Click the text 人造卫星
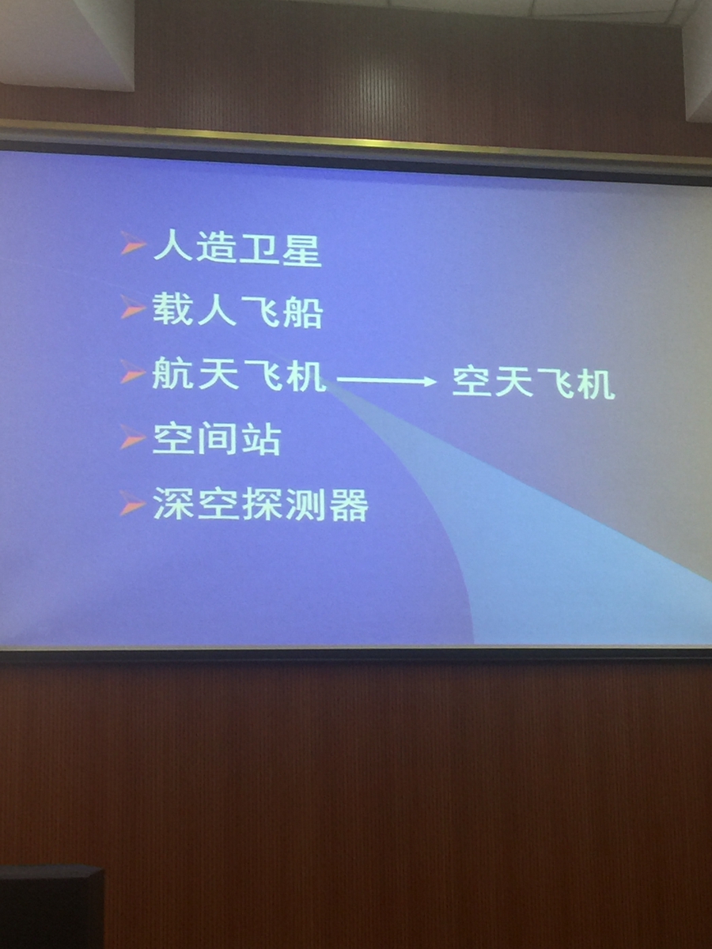[237, 249]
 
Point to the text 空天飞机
[533, 383]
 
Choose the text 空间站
[217, 439]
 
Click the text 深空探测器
[260, 504]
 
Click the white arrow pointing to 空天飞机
[387, 381]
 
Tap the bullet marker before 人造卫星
[133, 244]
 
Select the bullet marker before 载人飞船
[132, 308]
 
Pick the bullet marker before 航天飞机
[132, 372]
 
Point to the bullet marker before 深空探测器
[132, 504]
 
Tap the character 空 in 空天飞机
[472, 382]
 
